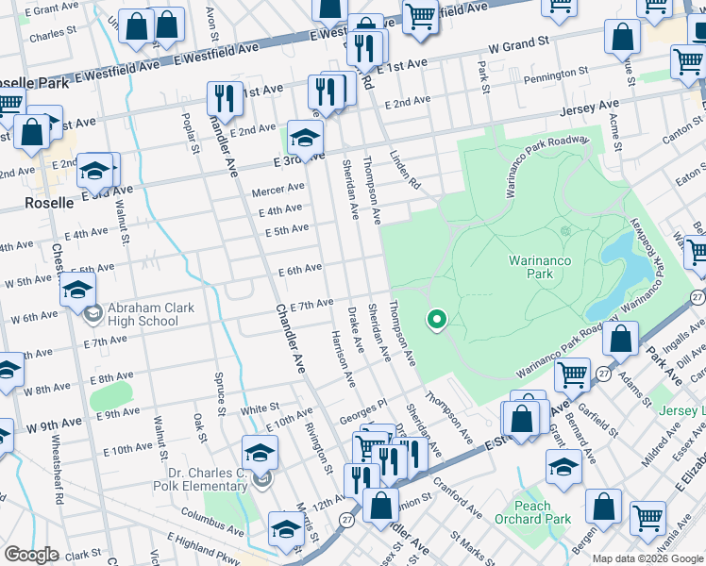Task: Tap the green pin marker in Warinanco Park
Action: click(x=436, y=322)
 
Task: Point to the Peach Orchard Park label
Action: click(x=533, y=512)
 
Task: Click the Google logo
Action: click(x=31, y=555)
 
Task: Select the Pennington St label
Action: click(x=556, y=72)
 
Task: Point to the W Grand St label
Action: click(x=518, y=44)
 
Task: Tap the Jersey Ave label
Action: click(x=589, y=108)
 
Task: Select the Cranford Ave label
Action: click(x=459, y=491)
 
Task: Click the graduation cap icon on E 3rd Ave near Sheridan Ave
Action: click(x=305, y=139)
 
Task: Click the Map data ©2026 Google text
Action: click(x=647, y=558)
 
